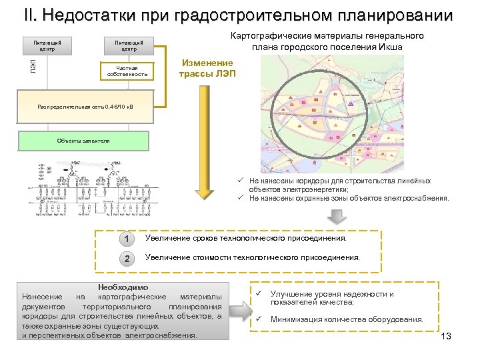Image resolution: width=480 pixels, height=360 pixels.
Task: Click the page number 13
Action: click(x=446, y=336)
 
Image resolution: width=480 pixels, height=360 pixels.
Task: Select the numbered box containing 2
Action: click(x=126, y=258)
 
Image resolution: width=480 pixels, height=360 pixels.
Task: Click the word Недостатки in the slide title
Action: click(x=99, y=15)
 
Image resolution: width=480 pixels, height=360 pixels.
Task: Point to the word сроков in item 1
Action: click(x=206, y=238)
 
